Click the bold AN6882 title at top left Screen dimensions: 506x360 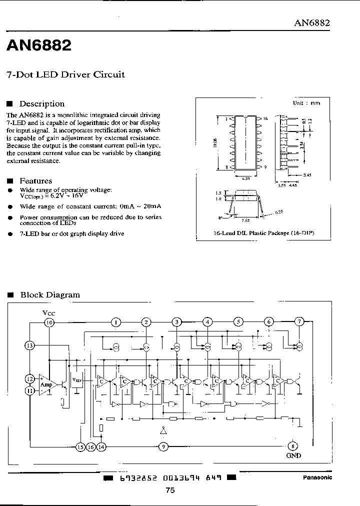point(39,46)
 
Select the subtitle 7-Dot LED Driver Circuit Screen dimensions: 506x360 point(65,75)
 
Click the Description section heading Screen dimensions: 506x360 point(41,104)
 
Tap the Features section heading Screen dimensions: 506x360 point(35,181)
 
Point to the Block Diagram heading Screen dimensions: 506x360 point(49,295)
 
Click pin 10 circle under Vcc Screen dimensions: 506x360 point(49,322)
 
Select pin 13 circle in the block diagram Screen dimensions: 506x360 point(29,345)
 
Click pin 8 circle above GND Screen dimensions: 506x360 point(293,446)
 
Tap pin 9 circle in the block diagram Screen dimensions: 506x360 point(162,447)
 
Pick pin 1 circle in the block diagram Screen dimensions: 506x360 point(115,322)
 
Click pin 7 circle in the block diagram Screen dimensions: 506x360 point(299,321)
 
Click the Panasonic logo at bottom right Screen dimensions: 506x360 point(317,477)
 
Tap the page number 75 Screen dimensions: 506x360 point(170,490)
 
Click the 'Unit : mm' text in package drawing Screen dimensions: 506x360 point(306,103)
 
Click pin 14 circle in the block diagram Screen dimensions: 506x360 point(101,447)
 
